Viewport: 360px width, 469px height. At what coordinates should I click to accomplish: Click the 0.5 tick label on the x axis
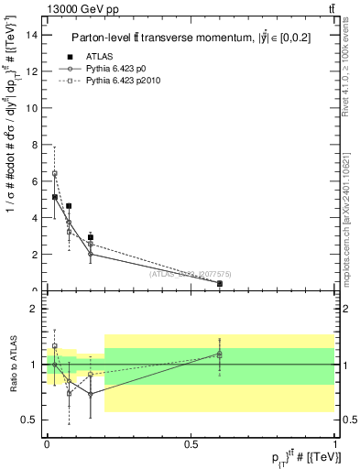191,443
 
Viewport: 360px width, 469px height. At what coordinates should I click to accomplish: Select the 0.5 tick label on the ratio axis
30,420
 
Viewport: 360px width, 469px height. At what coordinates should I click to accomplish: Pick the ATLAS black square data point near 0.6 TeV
219,284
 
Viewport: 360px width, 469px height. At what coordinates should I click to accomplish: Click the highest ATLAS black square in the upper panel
55,197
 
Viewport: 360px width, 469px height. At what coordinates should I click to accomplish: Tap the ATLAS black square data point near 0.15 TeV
90,237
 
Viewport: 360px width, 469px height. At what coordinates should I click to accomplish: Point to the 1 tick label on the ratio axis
34,365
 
